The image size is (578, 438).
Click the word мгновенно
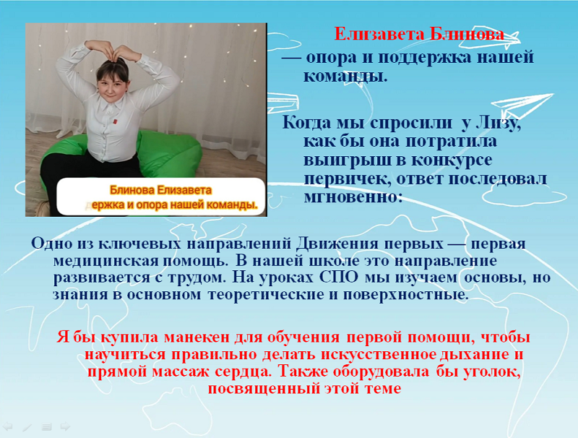click(x=353, y=197)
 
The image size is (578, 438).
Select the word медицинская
click(x=105, y=261)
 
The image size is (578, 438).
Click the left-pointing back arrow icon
click(x=8, y=427)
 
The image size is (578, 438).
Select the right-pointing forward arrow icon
click(x=65, y=427)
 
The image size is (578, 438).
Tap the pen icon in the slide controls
click(x=27, y=427)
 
